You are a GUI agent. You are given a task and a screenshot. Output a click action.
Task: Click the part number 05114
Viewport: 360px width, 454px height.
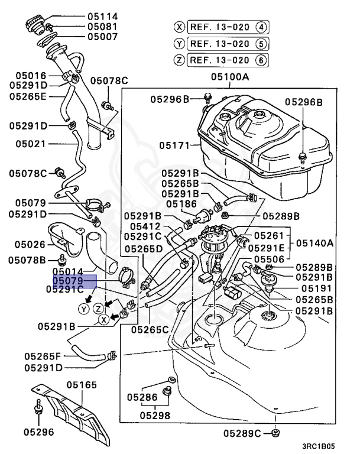tap(103, 16)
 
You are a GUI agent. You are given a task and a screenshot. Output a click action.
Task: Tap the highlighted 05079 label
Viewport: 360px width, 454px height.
tap(74, 280)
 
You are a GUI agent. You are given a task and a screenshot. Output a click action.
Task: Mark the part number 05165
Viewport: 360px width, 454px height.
tap(81, 385)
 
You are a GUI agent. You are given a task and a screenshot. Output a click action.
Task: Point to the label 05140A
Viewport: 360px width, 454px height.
tap(314, 243)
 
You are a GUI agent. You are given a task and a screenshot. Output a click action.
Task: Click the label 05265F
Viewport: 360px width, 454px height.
tap(42, 356)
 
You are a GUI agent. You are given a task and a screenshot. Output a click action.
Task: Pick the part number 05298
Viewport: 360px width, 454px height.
tap(155, 415)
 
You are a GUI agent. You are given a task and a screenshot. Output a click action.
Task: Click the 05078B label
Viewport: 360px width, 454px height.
tap(27, 260)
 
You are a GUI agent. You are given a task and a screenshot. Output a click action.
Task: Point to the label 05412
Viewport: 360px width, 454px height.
tap(145, 226)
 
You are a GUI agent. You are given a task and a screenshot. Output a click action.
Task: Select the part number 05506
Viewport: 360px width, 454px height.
tap(269, 259)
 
